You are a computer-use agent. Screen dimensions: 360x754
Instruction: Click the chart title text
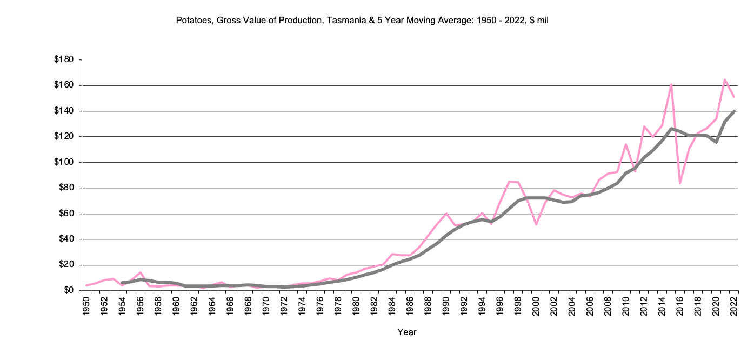[x=362, y=21]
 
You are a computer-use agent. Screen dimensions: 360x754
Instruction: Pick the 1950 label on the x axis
[x=86, y=305]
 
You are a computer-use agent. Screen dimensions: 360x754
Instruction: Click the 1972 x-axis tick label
[x=283, y=305]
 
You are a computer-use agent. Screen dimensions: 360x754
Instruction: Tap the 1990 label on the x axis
[x=446, y=305]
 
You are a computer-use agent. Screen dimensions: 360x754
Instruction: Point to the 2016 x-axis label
[x=680, y=305]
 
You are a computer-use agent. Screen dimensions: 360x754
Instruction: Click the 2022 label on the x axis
[x=734, y=305]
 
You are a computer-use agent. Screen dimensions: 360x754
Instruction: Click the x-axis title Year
[x=406, y=332]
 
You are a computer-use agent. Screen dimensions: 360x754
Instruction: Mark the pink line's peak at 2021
[x=725, y=79]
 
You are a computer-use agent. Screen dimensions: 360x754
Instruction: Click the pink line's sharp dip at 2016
[x=680, y=183]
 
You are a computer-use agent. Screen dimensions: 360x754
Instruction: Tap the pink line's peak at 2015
[x=671, y=84]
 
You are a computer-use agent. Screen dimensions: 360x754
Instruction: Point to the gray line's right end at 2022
[x=734, y=111]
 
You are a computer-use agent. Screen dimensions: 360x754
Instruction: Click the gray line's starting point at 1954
[x=122, y=283]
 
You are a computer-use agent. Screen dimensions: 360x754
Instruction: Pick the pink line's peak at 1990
[x=446, y=214]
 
